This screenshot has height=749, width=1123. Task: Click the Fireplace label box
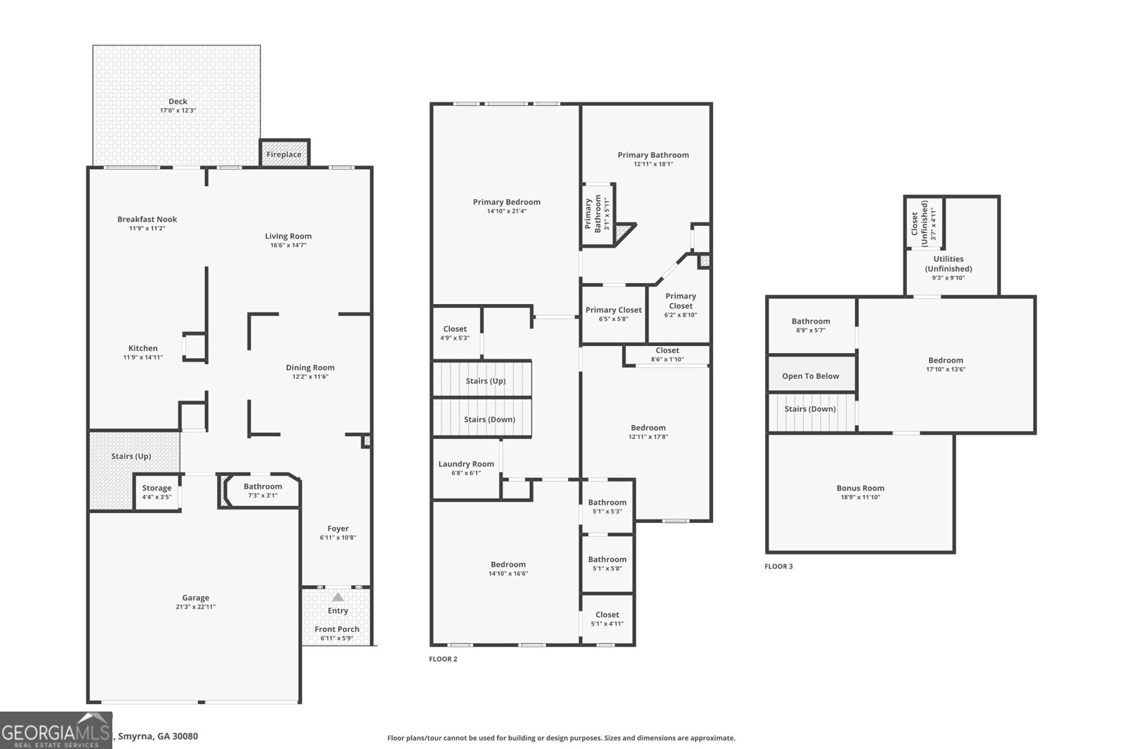(284, 154)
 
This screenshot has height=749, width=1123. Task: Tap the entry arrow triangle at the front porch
(338, 597)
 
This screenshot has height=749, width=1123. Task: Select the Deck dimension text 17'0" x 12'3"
(178, 111)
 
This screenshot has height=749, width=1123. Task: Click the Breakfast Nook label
(147, 219)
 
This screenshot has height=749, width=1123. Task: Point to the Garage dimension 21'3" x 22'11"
(195, 607)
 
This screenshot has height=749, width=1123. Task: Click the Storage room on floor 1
(157, 491)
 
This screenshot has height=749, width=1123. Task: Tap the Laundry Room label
(466, 464)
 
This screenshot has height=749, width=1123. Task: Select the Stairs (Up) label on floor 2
(485, 381)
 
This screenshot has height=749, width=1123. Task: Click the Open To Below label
(810, 376)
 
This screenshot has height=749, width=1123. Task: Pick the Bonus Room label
(860, 489)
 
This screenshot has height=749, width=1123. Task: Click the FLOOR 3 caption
(778, 566)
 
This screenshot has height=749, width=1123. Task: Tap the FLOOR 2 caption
(443, 659)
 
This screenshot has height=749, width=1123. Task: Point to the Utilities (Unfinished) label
(948, 264)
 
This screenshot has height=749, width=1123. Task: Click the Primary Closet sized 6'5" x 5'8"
(613, 314)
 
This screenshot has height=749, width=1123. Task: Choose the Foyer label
(338, 529)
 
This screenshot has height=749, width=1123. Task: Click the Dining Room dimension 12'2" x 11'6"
(310, 377)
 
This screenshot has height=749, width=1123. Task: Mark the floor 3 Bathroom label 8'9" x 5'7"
(811, 325)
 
